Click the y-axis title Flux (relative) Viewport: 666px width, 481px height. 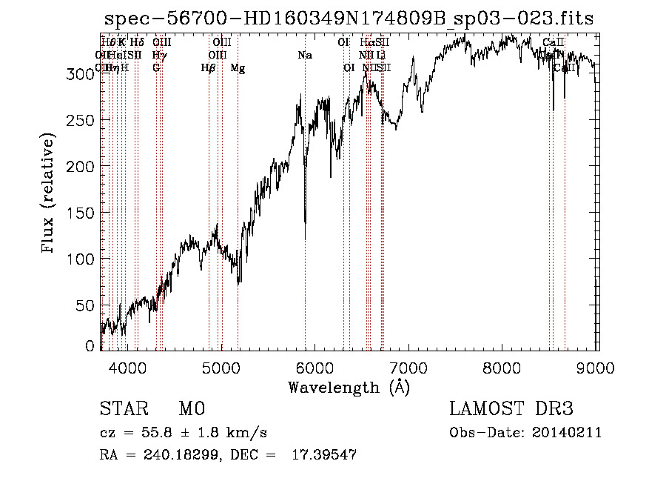tap(49, 194)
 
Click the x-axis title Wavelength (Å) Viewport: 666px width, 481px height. tap(349, 387)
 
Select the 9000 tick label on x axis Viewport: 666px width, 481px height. tap(596, 367)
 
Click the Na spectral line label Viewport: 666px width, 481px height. tap(305, 55)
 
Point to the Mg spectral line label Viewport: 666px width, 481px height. tap(238, 68)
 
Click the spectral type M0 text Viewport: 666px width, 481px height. tap(191, 409)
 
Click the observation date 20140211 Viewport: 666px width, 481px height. tap(571, 433)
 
